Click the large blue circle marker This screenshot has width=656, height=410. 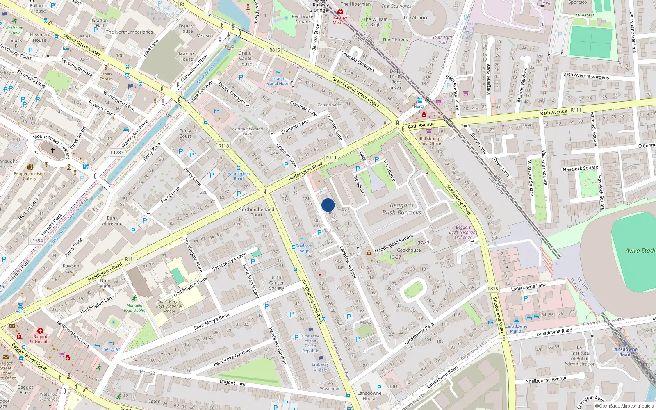328,205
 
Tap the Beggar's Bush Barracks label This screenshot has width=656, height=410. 401,209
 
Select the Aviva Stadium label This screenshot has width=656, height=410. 640,251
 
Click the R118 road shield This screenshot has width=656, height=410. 223,146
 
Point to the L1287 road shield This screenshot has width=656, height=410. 117,153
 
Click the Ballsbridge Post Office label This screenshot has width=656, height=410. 430,141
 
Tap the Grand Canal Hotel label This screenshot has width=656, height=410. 278,81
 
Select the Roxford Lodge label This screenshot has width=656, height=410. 303,248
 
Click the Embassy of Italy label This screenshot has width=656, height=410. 320,367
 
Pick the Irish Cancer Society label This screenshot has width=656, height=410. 276,282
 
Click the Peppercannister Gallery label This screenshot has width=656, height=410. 30,176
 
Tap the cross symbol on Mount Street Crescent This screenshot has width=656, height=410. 52,150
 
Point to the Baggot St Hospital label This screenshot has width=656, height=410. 40,339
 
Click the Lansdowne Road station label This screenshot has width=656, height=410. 624,352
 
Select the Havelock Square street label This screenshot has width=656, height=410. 580,169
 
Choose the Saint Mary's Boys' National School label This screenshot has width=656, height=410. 169,306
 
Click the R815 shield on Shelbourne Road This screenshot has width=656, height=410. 492,289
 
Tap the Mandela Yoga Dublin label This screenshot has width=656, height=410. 134,307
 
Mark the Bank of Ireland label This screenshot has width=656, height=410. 112,221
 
